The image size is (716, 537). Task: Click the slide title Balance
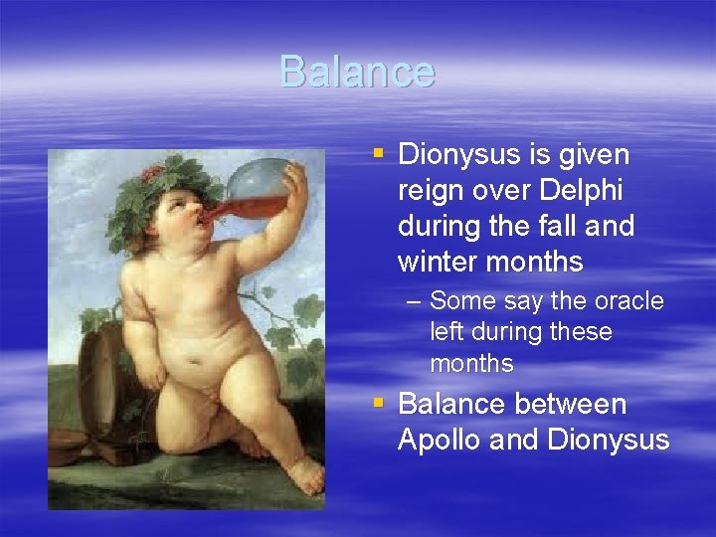pyautogui.click(x=357, y=72)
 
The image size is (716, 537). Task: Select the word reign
pyautogui.click(x=432, y=191)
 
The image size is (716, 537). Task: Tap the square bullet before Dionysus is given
pyautogui.click(x=377, y=154)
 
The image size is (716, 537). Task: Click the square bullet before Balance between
pyautogui.click(x=377, y=404)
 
